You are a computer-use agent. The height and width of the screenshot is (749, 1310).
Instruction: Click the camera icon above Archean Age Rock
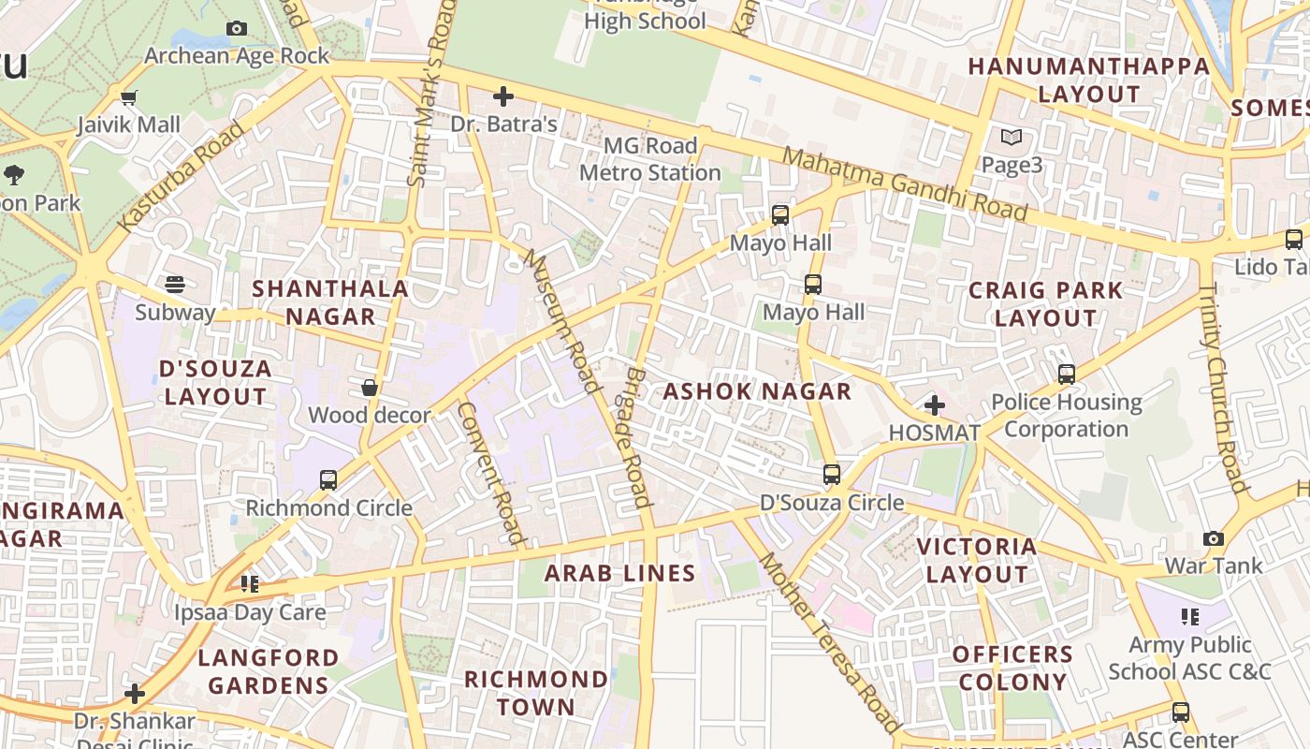pos(237,29)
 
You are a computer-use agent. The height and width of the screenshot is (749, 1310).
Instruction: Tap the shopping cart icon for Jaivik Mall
pos(129,97)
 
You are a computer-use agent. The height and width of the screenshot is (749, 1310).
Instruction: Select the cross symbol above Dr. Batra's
pos(503,96)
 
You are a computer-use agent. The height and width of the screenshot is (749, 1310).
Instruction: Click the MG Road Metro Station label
pos(649,159)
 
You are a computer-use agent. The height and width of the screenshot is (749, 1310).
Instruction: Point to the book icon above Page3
pos(1012,138)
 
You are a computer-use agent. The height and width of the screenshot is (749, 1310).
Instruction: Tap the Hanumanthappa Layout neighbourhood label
pos(1088,81)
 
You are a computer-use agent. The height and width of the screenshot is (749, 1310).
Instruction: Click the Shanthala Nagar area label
pos(330,302)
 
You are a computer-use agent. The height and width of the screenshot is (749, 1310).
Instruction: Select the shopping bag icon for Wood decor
pos(370,388)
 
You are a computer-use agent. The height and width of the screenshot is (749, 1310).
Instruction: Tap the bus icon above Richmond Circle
pos(328,480)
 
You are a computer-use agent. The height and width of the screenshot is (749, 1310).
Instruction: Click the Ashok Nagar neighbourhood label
pos(757,391)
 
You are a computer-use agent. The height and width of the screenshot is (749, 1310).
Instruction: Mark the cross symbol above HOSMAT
pos(934,405)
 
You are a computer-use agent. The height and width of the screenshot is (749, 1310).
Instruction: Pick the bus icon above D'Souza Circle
pos(832,475)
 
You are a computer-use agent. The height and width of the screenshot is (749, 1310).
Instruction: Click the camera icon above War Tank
pos(1214,539)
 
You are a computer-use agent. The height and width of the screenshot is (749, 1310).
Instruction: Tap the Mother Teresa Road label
pos(829,642)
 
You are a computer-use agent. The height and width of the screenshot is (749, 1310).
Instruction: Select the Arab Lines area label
pos(619,573)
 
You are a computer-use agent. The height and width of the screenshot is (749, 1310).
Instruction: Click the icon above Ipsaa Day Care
pos(250,584)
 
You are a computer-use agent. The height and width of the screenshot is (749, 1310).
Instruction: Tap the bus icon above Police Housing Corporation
pos(1066,374)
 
